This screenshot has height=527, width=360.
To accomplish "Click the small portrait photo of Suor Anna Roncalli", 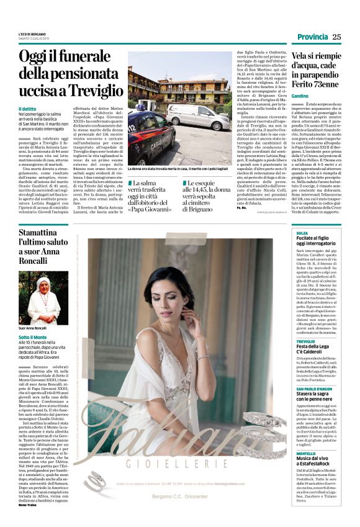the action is pyautogui.click(x=44, y=300).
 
